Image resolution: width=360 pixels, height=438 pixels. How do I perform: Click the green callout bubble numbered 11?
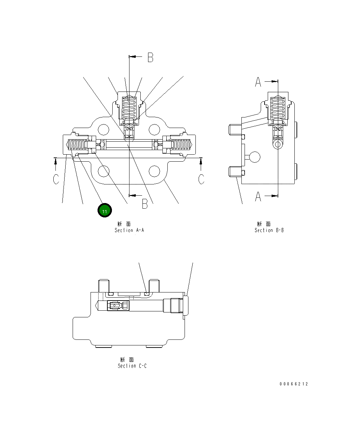(x=105, y=211)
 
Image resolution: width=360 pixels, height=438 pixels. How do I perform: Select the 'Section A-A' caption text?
(x=129, y=230)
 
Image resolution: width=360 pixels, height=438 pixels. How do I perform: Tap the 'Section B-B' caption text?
(x=269, y=230)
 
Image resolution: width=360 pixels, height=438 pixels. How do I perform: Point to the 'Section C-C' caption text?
(x=132, y=366)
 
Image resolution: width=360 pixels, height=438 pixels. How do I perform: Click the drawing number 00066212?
(x=294, y=384)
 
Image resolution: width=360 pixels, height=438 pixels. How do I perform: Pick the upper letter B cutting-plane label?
(x=150, y=58)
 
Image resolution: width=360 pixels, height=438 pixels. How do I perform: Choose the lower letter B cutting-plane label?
(x=145, y=203)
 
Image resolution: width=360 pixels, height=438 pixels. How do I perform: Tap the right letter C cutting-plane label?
(x=201, y=179)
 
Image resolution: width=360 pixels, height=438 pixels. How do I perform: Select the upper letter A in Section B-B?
(x=258, y=82)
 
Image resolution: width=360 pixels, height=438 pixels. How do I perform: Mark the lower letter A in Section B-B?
(x=258, y=196)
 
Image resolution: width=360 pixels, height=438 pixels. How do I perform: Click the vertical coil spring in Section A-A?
(x=129, y=108)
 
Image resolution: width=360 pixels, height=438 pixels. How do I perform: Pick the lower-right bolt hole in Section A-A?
(x=154, y=171)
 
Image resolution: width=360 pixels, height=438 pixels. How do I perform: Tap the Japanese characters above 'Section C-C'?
(x=127, y=360)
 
